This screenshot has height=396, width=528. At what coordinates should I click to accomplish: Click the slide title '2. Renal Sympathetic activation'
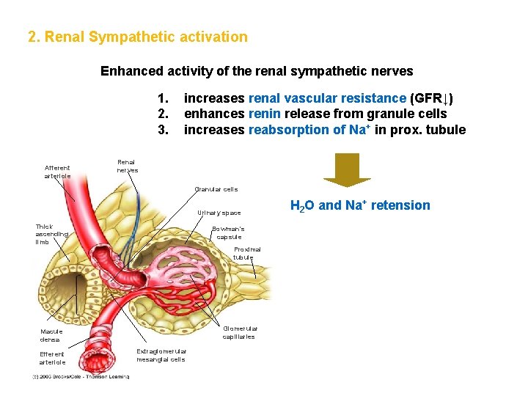(137, 37)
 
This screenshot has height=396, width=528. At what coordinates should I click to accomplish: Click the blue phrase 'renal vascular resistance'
(327, 98)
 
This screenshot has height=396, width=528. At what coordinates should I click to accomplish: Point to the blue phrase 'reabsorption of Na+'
(308, 130)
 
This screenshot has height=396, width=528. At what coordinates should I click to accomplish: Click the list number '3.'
(164, 130)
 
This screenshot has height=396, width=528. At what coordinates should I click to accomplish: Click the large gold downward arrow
(347, 170)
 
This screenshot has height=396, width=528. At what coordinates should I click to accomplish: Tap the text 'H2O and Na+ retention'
(360, 205)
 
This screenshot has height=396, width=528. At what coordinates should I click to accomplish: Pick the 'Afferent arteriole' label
(57, 172)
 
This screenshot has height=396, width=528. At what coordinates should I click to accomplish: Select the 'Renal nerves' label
(127, 166)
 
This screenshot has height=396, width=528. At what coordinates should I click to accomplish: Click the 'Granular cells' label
(216, 189)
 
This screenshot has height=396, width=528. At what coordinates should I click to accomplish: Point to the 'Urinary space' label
(219, 213)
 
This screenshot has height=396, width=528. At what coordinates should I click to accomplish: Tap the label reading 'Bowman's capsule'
(228, 233)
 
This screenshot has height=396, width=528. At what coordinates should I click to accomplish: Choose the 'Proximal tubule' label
(246, 253)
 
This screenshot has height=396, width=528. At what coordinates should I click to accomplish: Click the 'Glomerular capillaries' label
(240, 332)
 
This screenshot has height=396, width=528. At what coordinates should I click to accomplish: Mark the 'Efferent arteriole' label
(52, 358)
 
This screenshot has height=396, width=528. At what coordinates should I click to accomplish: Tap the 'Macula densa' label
(51, 335)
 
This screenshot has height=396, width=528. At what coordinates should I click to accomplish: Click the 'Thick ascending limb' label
(52, 234)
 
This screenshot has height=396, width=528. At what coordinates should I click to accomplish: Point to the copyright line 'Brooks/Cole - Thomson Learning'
(81, 377)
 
